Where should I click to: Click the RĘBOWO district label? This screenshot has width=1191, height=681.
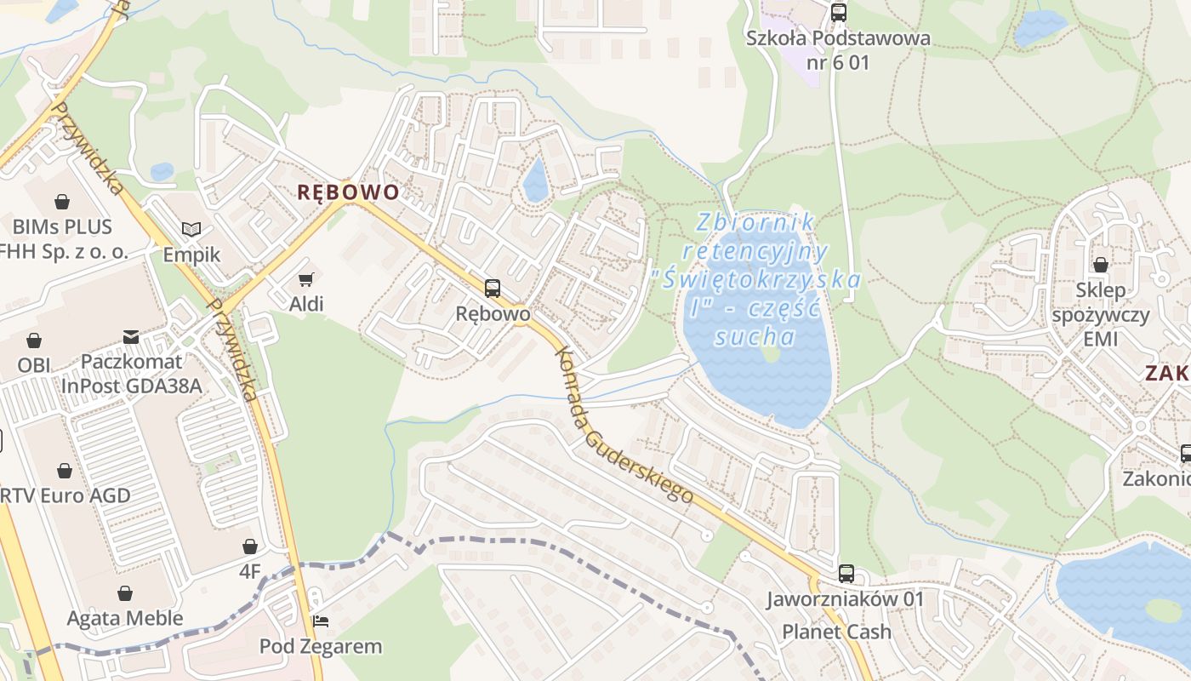[x=348, y=192]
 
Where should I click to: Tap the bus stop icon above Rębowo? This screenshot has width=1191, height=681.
[x=492, y=288]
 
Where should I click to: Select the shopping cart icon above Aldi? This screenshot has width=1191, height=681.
[x=306, y=279]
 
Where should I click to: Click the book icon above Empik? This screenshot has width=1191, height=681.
[x=192, y=229]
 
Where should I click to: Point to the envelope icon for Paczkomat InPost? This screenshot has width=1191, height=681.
[x=131, y=337]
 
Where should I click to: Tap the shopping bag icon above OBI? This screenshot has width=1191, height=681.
[x=34, y=340]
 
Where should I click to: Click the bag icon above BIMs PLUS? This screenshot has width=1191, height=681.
[x=62, y=202]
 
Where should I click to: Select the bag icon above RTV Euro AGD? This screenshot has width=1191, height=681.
[x=65, y=470]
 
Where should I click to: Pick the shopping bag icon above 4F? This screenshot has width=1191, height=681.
[x=250, y=546]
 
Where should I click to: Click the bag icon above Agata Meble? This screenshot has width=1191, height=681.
[x=125, y=592]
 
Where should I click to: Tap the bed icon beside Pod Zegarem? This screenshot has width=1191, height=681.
[x=321, y=621]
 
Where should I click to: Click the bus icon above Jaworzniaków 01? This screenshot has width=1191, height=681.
[x=846, y=574]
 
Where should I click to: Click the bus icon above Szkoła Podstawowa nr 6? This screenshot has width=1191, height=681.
[x=838, y=12]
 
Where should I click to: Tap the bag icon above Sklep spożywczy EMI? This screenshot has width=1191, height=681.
[x=1100, y=265]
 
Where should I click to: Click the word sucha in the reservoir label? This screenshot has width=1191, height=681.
[x=755, y=337]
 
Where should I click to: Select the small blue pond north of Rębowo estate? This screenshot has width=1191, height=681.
[x=535, y=180]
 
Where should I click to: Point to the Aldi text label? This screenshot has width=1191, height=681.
[x=306, y=304]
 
